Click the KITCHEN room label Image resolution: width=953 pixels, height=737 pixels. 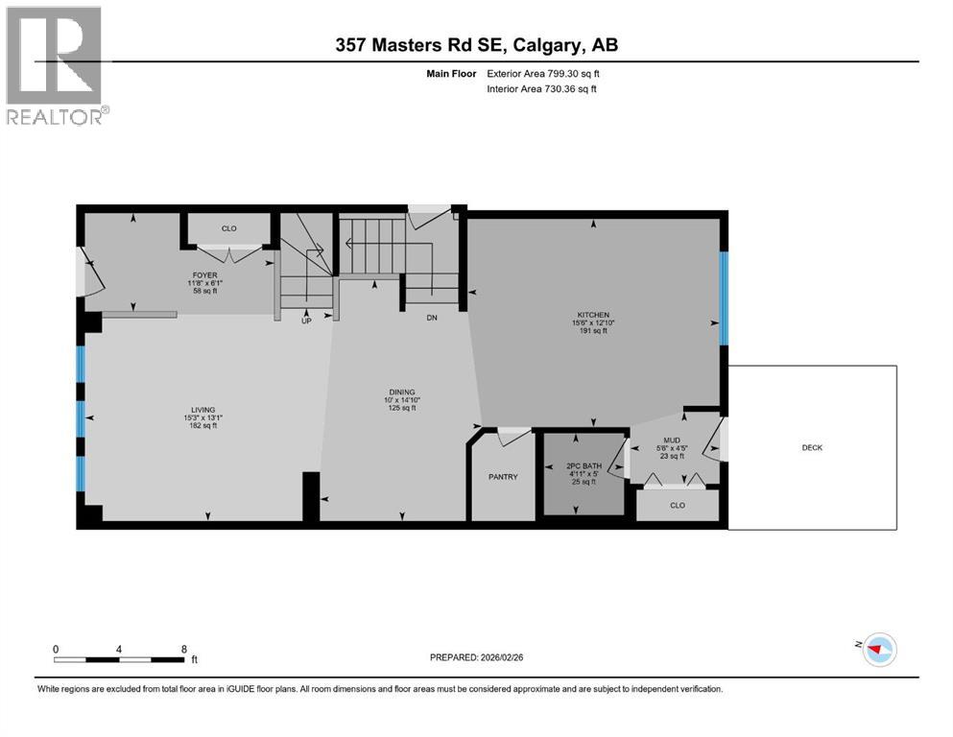click(593, 314)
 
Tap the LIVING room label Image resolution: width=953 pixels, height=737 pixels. click(202, 409)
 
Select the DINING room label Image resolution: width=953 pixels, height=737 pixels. click(401, 392)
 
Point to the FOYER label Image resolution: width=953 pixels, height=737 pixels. click(203, 275)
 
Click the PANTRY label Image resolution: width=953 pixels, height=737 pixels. click(503, 477)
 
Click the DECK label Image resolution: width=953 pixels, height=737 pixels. click(811, 447)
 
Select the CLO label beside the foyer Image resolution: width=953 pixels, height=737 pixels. click(228, 228)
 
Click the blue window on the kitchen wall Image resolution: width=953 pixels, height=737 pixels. click(724, 297)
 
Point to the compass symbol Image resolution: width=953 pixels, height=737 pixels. click(878, 650)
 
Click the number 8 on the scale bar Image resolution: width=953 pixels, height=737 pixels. click(183, 649)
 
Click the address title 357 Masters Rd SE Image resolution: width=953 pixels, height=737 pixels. click(476, 45)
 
